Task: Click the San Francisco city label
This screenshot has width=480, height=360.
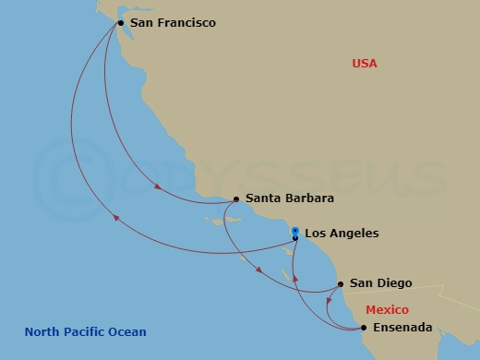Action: coord(173,22)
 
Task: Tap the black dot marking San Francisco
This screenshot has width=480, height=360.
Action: coord(120,22)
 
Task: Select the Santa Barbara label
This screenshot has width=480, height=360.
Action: coord(290,198)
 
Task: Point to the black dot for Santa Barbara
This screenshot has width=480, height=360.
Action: coord(236,198)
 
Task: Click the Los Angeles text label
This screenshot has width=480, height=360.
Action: coord(342,234)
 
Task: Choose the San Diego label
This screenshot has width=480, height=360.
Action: coord(381,283)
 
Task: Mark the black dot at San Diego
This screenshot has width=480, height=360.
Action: coord(341,284)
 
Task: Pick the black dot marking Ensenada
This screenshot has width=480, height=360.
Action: coord(363,328)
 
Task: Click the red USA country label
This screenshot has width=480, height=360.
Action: coord(365,64)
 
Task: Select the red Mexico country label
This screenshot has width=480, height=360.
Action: coord(387,310)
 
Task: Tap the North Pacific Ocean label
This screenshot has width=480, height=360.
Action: coord(85,332)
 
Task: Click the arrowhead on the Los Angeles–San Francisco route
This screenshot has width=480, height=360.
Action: coord(115,218)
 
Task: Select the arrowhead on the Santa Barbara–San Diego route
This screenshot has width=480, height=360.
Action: coord(260,270)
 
